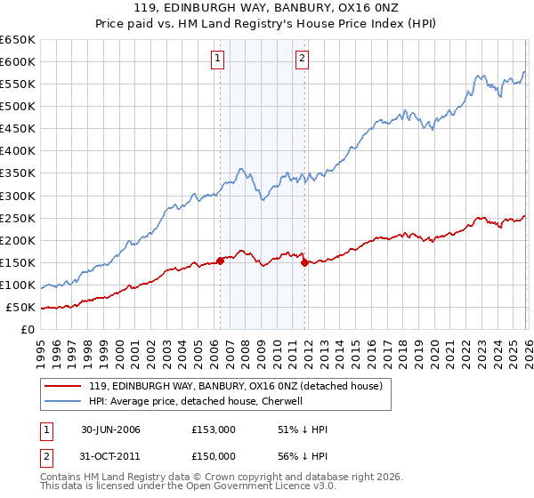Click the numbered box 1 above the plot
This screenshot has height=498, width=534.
coord(218,60)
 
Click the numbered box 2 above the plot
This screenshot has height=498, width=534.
coord(303,60)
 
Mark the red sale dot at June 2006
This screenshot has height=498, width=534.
coord(220,261)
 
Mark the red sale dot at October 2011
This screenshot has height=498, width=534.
coord(304,262)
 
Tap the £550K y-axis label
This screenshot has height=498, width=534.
coord(18,84)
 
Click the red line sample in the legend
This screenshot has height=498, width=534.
coord(63,386)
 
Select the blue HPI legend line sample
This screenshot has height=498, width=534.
coord(63,401)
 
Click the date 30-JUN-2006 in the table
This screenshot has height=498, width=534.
coord(110,430)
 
